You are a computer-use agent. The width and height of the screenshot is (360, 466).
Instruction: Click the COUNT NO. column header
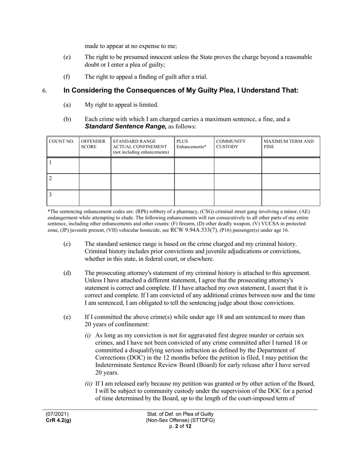(61, 142)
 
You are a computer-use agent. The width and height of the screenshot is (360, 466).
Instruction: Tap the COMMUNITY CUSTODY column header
(231, 144)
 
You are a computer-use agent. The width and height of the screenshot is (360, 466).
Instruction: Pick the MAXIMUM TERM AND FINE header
(289, 144)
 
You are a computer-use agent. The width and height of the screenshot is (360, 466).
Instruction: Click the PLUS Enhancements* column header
(191, 144)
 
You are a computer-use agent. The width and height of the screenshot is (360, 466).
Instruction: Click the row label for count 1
(50, 163)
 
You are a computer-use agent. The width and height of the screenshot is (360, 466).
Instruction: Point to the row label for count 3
(50, 195)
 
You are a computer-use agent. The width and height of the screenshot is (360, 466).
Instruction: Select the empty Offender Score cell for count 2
(95, 182)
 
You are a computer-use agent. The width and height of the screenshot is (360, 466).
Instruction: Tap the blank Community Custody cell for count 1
(238, 166)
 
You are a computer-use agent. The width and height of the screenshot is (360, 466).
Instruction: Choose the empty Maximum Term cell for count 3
(291, 198)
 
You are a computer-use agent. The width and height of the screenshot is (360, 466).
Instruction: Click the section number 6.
(45, 91)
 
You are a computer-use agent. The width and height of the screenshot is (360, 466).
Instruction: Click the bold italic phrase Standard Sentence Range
(125, 127)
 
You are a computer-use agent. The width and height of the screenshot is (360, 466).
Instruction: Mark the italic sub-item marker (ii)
(88, 383)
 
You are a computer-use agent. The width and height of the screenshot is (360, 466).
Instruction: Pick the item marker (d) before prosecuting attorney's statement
(67, 273)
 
